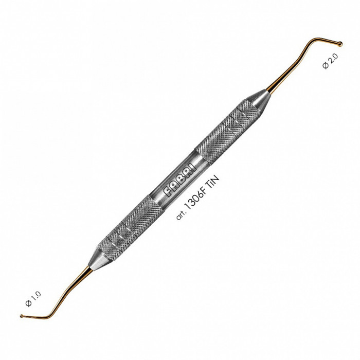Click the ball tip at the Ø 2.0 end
[340, 44]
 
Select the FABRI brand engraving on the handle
[180, 179]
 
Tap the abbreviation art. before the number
[179, 214]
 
